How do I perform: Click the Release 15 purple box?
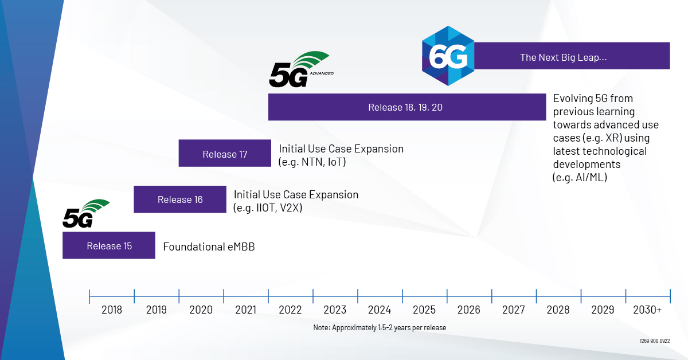[x=109, y=245]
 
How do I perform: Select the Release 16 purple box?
[x=180, y=199]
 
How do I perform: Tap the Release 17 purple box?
[x=225, y=153]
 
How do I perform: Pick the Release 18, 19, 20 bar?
[x=407, y=107]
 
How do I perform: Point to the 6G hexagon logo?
[x=448, y=56]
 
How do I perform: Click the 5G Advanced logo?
[x=301, y=69]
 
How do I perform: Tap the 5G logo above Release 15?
[x=85, y=213]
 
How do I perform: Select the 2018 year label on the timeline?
[x=111, y=310]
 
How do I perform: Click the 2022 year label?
[x=290, y=310]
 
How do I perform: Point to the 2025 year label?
[x=424, y=310]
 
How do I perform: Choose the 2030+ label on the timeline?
[x=647, y=310]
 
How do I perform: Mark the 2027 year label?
[x=514, y=310]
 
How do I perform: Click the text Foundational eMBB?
[x=209, y=246]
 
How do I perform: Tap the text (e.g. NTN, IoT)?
[x=312, y=162]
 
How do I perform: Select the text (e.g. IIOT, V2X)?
[x=268, y=208]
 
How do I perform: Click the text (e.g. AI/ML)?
[x=580, y=178]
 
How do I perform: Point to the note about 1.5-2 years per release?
[x=380, y=327]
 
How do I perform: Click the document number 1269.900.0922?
[x=655, y=341]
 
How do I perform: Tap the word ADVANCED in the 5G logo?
[x=322, y=73]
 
